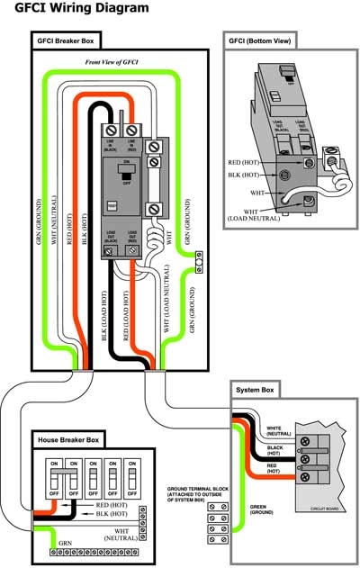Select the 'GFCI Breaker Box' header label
67,41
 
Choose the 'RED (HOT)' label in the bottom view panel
246,162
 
